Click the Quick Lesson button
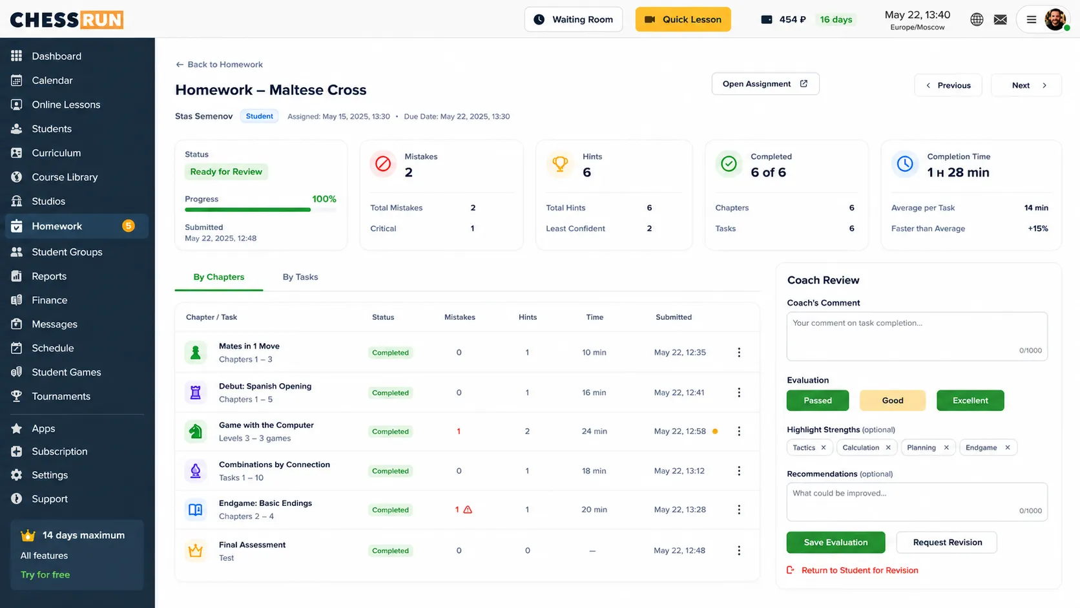coord(683,19)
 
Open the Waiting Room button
coord(574,19)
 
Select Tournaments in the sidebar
coord(61,396)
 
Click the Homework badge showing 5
coord(129,225)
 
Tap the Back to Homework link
coord(220,65)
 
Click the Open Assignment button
coord(765,84)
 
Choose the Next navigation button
coord(1026,85)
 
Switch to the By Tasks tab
coord(300,277)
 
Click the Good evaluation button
coord(893,401)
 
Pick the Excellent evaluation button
coord(970,401)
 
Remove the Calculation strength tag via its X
coord(888,448)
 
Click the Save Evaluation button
coord(836,543)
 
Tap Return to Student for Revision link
coord(860,571)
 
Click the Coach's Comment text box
coord(917,336)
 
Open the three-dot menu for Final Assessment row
coord(739,550)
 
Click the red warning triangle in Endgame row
coord(468,510)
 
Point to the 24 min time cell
coord(594,431)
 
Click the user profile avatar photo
coord(1055,19)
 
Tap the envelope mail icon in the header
coord(1001,19)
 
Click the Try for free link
coord(45,575)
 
